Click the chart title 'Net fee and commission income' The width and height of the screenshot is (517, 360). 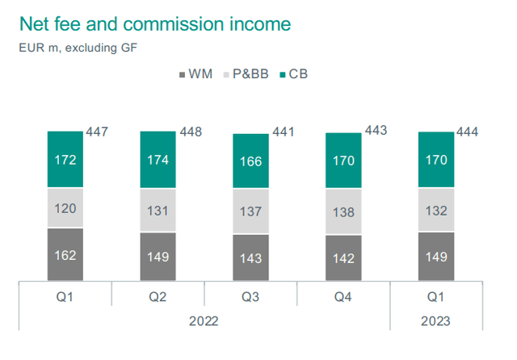click(x=155, y=23)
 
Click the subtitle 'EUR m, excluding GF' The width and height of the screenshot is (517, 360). click(x=78, y=47)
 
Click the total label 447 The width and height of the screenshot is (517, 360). click(x=96, y=132)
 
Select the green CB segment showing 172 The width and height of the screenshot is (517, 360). click(x=65, y=159)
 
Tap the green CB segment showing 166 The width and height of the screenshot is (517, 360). click(x=250, y=161)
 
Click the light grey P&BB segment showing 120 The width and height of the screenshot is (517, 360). click(x=65, y=207)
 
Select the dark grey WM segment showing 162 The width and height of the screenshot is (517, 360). click(x=65, y=256)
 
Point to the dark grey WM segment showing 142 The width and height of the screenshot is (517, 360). click(x=343, y=259)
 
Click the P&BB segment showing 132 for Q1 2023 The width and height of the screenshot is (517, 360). click(x=436, y=211)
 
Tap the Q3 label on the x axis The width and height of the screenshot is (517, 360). click(x=250, y=296)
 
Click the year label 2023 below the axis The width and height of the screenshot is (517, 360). click(x=436, y=320)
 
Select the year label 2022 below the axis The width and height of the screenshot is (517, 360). click(x=204, y=320)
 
